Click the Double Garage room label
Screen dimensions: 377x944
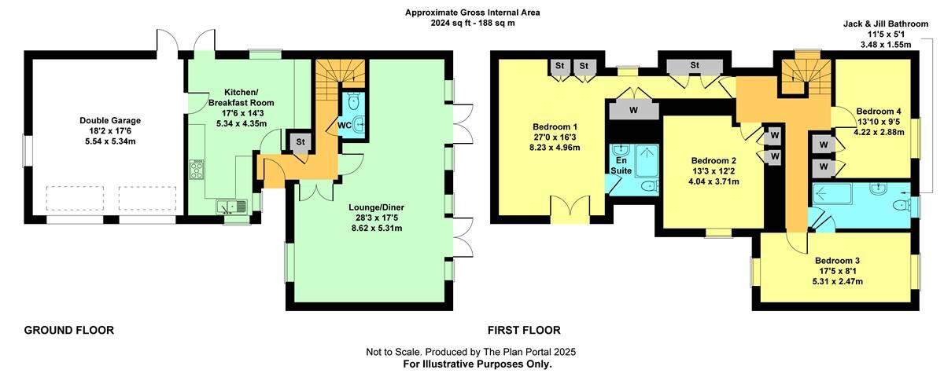click(x=110, y=120)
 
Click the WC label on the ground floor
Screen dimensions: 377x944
click(x=344, y=125)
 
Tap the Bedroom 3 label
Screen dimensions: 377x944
click(x=836, y=261)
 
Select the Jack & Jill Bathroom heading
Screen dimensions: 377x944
click(x=877, y=25)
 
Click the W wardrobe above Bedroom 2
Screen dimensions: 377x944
click(x=634, y=111)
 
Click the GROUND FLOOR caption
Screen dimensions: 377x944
click(x=69, y=331)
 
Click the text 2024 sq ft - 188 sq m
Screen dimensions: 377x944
click(x=472, y=24)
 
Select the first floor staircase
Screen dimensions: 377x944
click(x=802, y=75)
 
